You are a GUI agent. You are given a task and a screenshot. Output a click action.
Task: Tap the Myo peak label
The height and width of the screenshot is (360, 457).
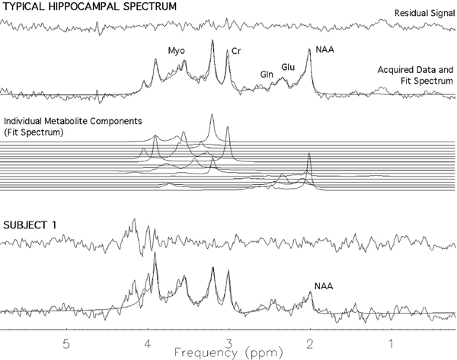point(177,51)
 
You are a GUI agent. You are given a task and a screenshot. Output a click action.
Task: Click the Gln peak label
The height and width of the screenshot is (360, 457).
point(267,74)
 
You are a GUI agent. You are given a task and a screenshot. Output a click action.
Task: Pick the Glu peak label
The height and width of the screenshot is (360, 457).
point(288,67)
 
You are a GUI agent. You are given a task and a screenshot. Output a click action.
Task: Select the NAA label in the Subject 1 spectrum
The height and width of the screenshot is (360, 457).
point(324,287)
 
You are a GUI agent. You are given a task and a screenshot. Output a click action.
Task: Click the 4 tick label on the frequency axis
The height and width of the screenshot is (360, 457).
point(148,342)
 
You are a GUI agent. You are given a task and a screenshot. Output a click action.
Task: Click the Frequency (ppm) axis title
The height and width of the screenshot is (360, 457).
point(228,352)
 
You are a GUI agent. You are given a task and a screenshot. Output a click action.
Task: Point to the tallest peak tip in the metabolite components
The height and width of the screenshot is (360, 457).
point(212,115)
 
